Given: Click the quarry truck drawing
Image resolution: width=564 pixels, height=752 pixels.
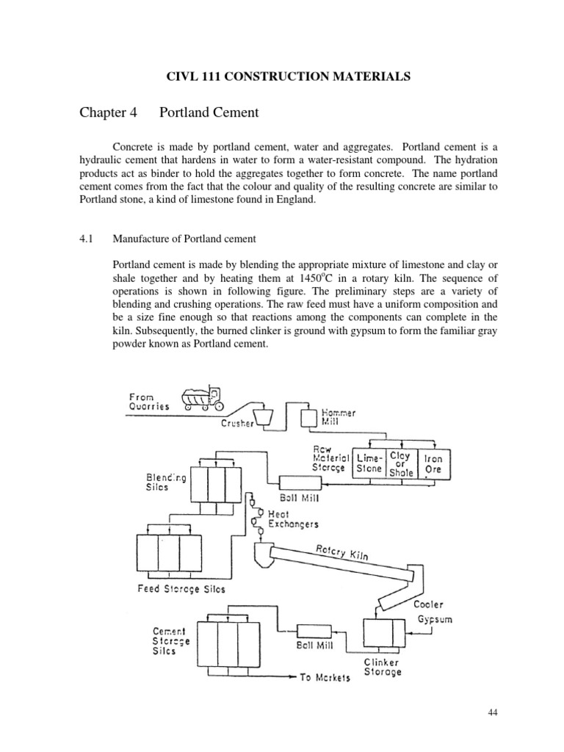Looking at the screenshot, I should coord(201,399).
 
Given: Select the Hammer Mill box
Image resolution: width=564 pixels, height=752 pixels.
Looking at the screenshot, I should coord(308,416).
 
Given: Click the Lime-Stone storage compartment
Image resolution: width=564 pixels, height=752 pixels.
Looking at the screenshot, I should coord(369,462).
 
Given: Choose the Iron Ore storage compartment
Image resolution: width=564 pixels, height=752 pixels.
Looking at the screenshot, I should coord(433,462).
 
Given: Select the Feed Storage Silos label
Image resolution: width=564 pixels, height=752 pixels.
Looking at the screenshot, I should coord(181,588).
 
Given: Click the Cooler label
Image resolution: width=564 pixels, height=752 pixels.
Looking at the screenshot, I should coord(427,604).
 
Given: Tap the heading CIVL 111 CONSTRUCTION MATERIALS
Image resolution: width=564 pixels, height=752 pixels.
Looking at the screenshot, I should coord(281,76).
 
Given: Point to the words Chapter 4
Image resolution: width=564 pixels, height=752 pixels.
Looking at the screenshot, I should coord(108,113).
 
